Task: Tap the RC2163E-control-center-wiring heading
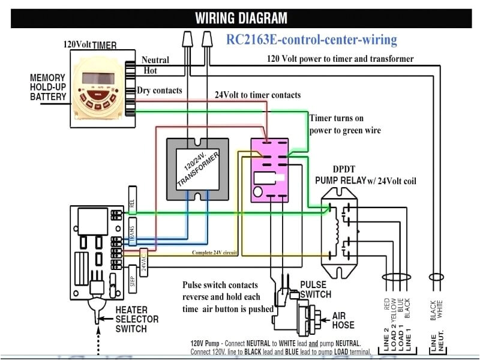(x=311, y=40)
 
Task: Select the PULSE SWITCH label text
(x=315, y=290)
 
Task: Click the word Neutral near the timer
(x=155, y=59)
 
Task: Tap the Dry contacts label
(x=160, y=90)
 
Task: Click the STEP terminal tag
(x=133, y=282)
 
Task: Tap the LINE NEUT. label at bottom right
(x=437, y=342)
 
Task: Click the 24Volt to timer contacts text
(x=258, y=95)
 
